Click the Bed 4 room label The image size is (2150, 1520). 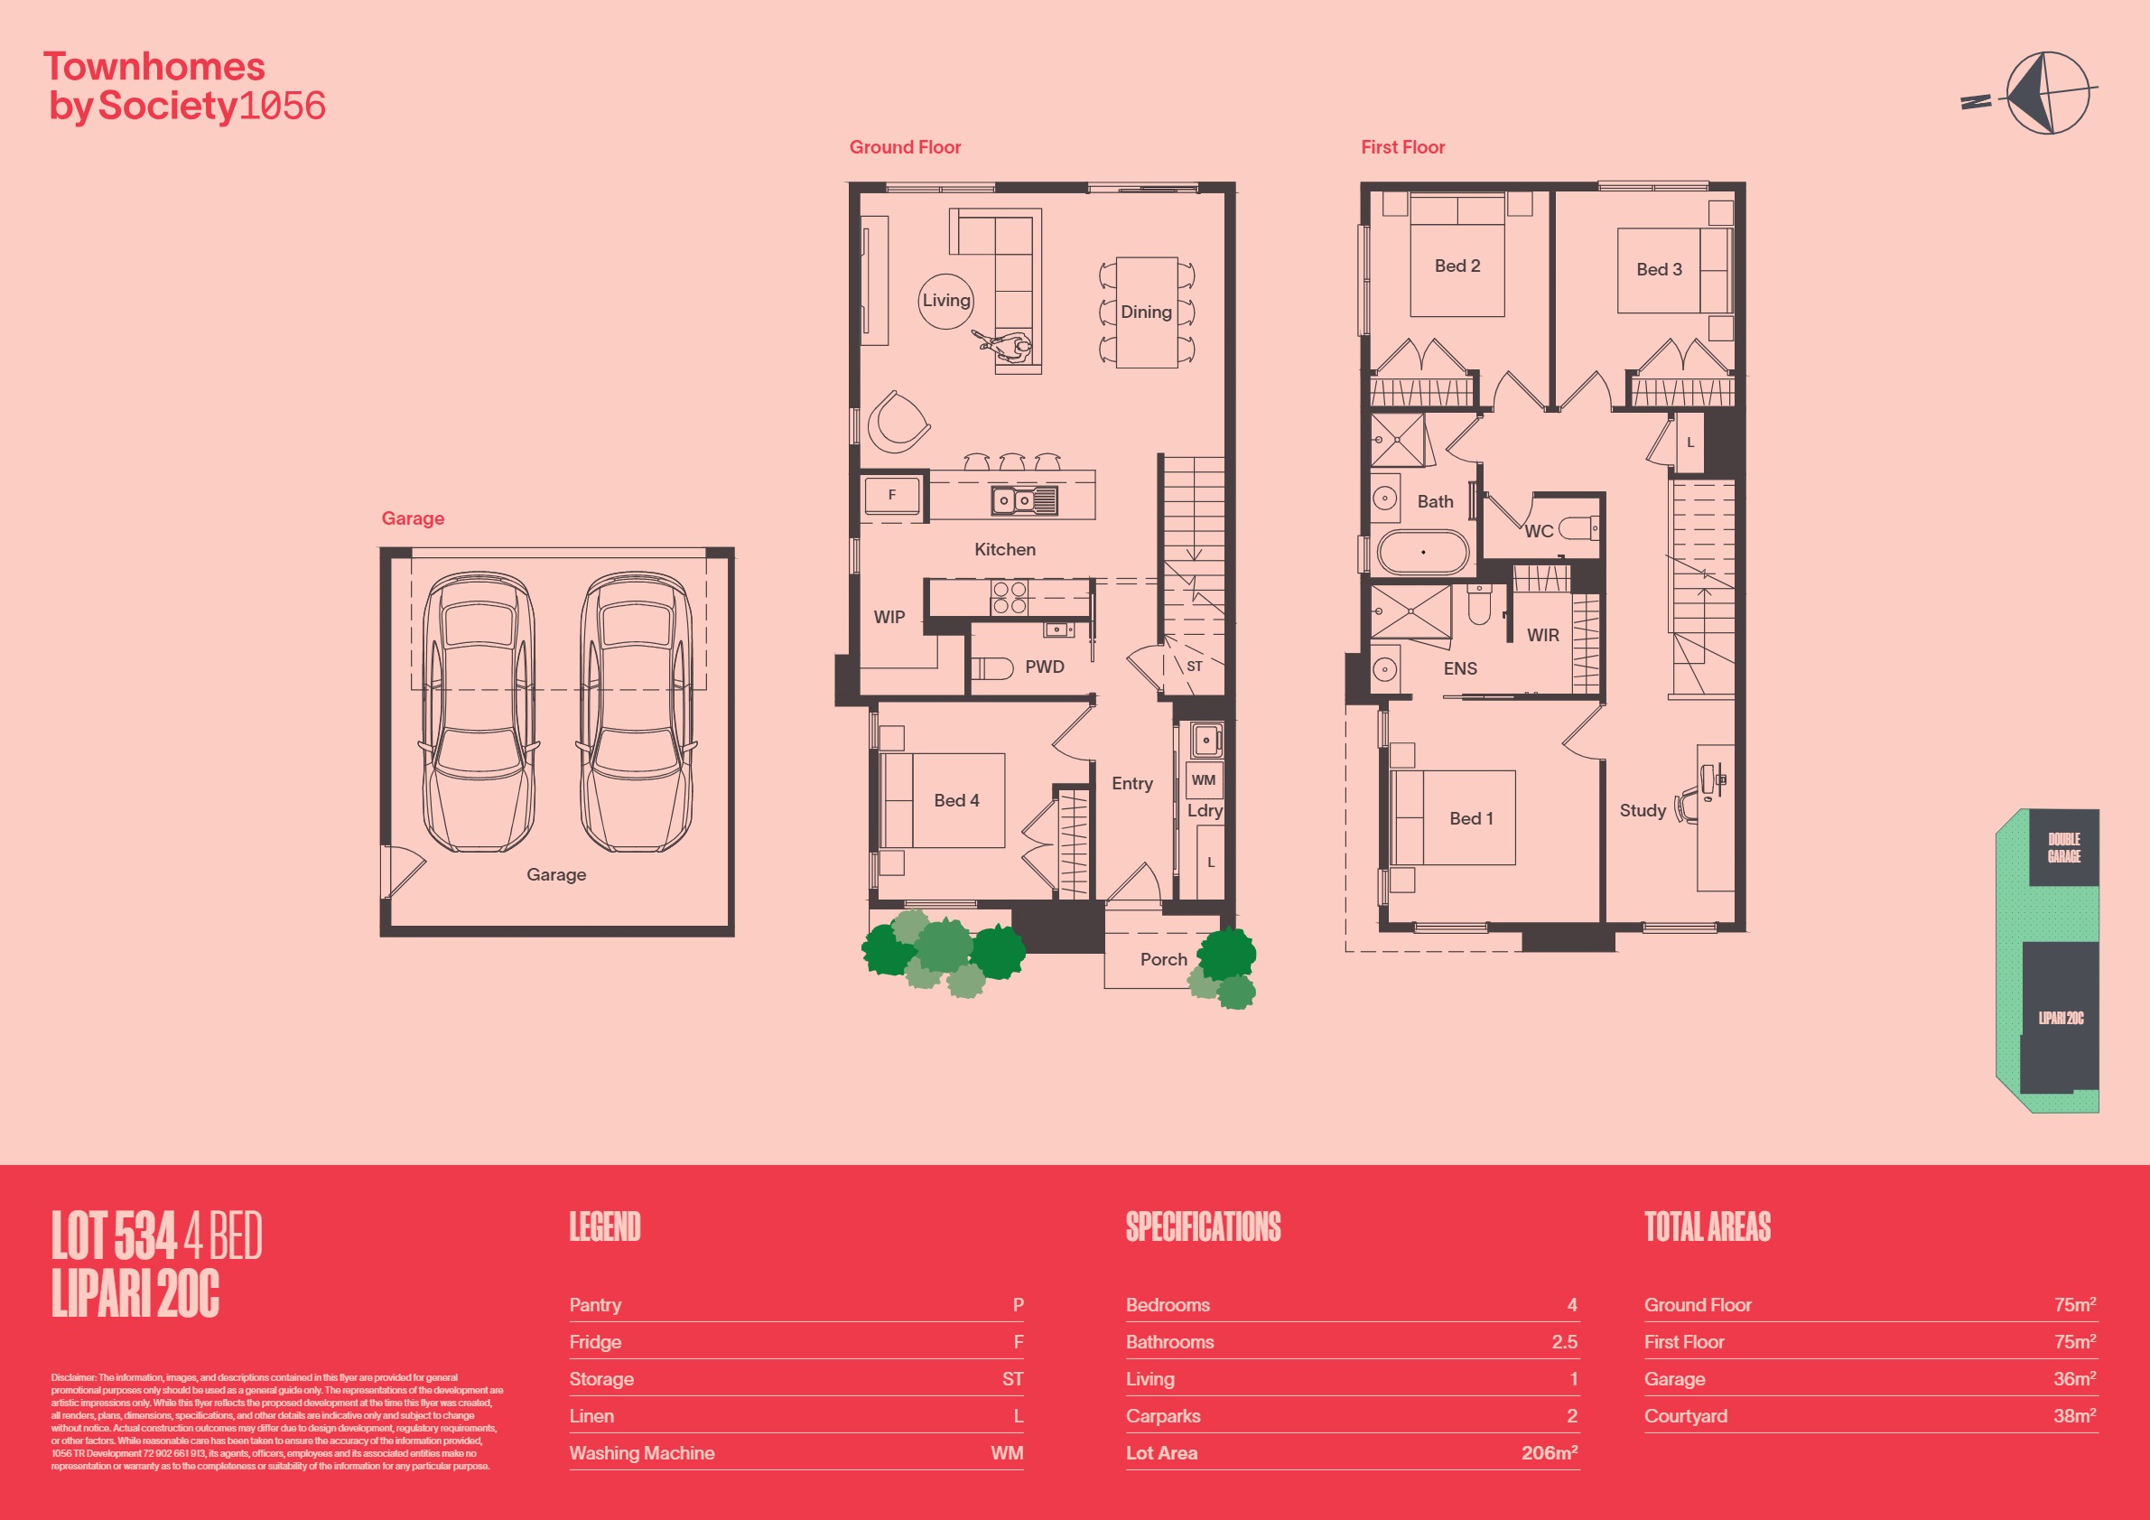click(x=956, y=801)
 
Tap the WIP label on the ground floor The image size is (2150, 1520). click(x=889, y=617)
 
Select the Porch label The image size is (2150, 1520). click(x=1163, y=959)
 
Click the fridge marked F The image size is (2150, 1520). click(x=891, y=495)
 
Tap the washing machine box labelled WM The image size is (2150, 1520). click(x=1204, y=779)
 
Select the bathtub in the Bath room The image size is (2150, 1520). click(x=1422, y=552)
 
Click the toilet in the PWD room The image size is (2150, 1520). click(x=991, y=667)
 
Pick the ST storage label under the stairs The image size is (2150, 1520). click(x=1194, y=667)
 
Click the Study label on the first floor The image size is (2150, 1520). click(x=1643, y=810)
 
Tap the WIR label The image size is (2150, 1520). click(x=1543, y=635)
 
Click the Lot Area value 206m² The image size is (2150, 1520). click(x=1549, y=1452)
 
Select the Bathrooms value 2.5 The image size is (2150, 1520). click(x=1564, y=1342)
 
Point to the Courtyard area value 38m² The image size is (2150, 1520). click(x=2074, y=1416)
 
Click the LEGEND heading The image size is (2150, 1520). click(x=605, y=1226)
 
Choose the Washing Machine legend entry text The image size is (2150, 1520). click(x=641, y=1453)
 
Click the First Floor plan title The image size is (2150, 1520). click(x=1402, y=147)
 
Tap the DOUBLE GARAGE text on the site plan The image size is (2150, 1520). click(x=2064, y=847)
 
